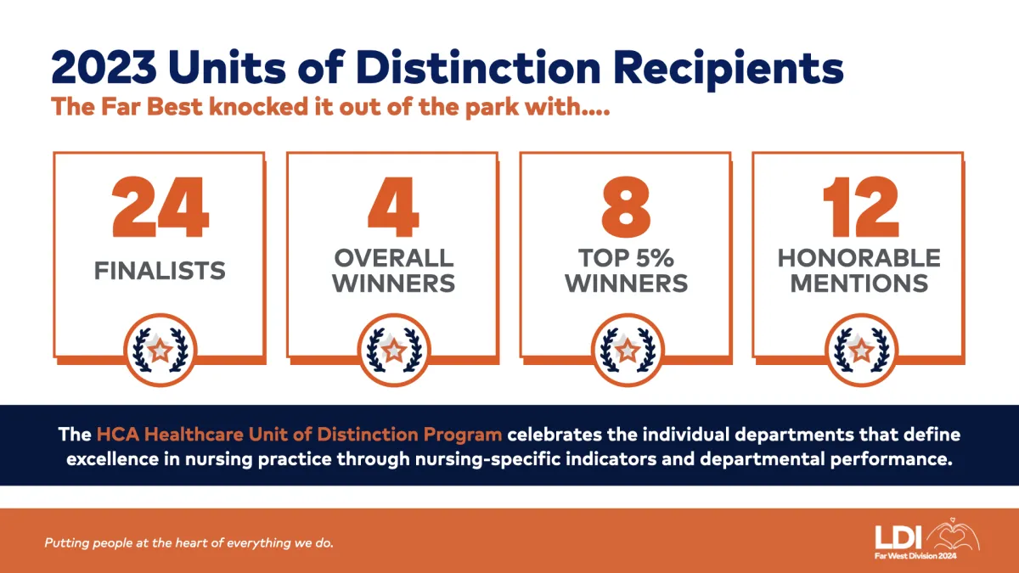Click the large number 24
tap(160, 207)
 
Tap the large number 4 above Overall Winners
tap(393, 207)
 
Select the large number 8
tap(626, 207)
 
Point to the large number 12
tap(861, 207)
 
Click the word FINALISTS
tap(160, 271)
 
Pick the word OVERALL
tap(394, 258)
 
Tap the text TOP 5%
tap(626, 258)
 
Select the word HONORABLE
tap(859, 258)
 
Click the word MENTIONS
tap(859, 284)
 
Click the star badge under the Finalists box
tap(160, 350)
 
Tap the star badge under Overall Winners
tap(394, 350)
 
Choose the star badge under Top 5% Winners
tap(628, 350)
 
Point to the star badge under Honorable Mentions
tap(861, 350)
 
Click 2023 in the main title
tap(104, 68)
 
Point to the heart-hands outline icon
tap(953, 536)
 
